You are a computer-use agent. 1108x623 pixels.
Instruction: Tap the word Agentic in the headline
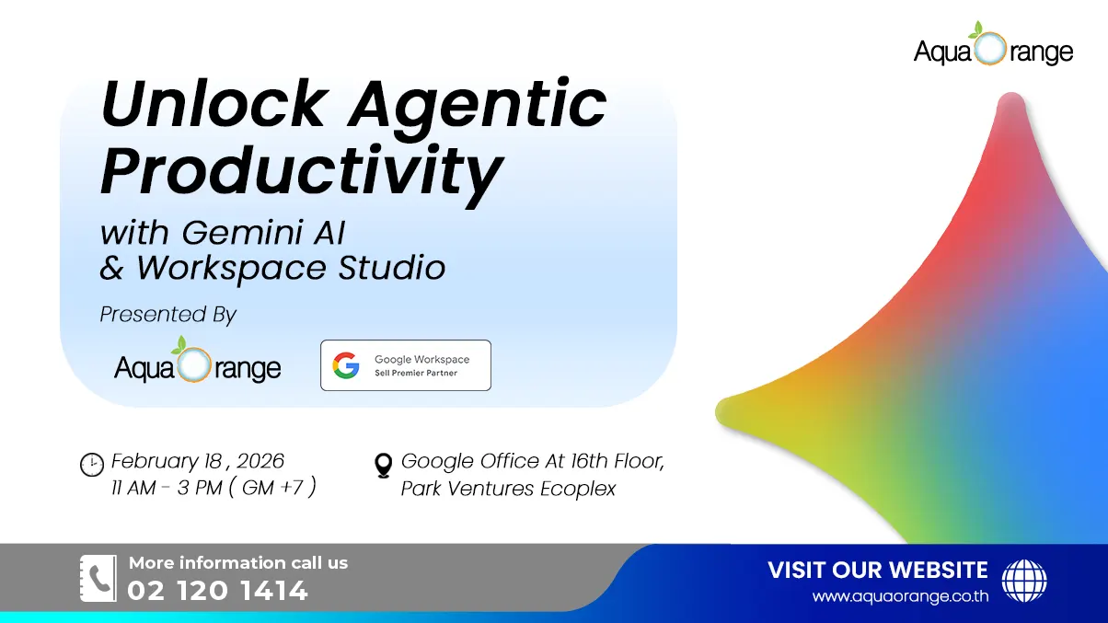[x=478, y=107]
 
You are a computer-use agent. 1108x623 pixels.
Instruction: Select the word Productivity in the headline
[x=302, y=171]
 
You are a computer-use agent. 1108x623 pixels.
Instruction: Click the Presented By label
[x=168, y=315]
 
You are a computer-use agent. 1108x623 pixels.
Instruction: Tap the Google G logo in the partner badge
[x=346, y=365]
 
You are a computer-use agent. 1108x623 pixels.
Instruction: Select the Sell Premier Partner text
[x=416, y=373]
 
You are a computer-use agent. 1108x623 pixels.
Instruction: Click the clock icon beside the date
[x=91, y=465]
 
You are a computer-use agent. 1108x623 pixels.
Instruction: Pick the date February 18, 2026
[x=198, y=461]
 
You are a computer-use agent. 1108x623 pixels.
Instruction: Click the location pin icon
[x=384, y=466]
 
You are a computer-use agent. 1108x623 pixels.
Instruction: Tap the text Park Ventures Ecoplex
[x=508, y=489]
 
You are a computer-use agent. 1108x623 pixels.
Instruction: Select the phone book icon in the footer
[x=98, y=578]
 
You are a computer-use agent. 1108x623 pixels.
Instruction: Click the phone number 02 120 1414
[x=218, y=591]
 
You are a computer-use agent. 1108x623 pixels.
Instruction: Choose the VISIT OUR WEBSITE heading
[x=877, y=570]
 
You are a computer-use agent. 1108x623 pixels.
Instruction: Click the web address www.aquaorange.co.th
[x=900, y=596]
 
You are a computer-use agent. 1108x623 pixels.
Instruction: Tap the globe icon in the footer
[x=1023, y=581]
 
